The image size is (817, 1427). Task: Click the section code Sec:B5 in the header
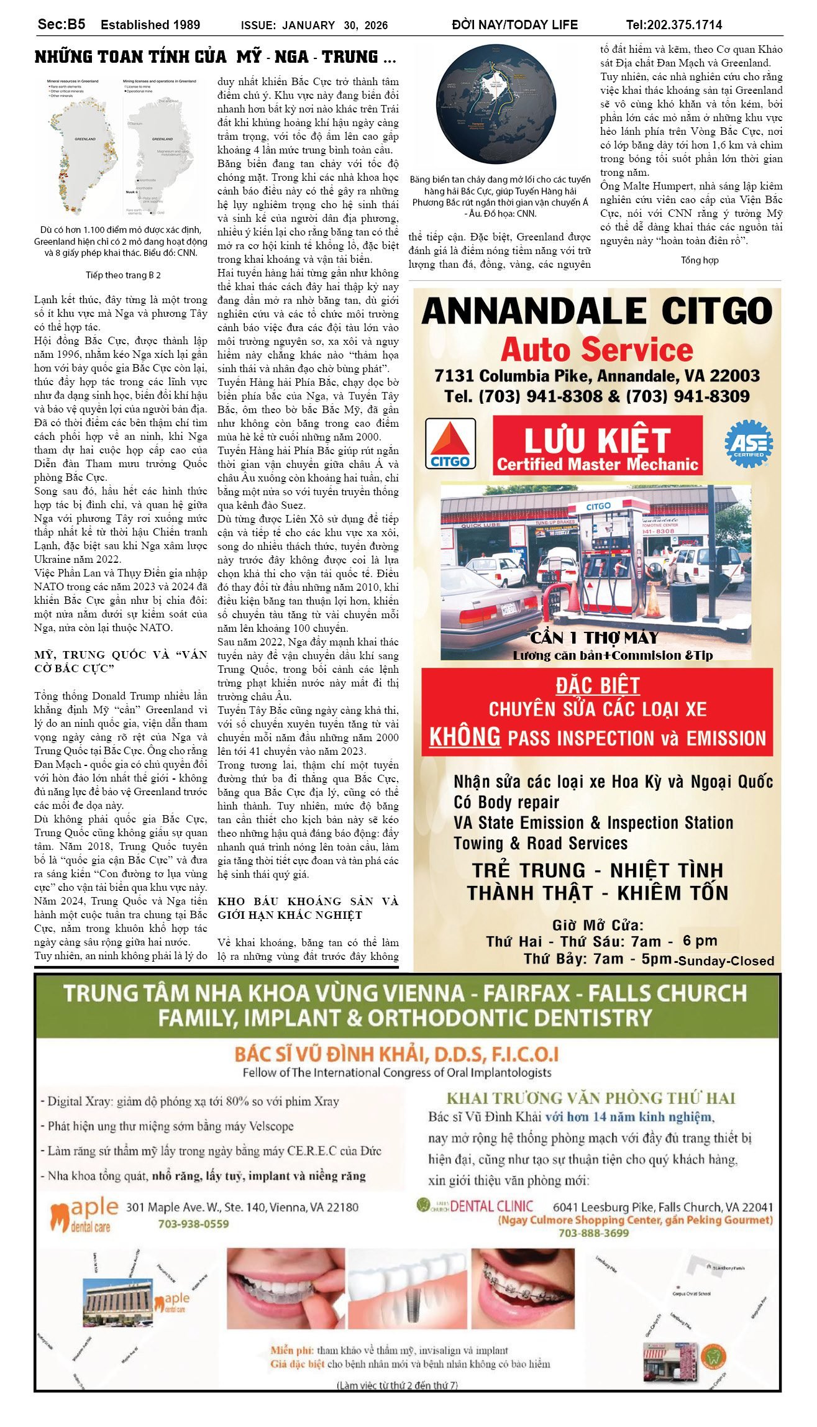(x=62, y=24)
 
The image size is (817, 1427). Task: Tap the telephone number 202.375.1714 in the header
(x=684, y=25)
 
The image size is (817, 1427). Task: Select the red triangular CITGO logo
(x=450, y=444)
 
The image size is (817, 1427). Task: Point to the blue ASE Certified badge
(x=749, y=444)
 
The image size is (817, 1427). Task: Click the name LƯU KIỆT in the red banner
(x=596, y=440)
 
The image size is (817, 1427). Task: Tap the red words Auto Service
(x=596, y=350)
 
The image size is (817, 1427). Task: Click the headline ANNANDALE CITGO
(x=596, y=311)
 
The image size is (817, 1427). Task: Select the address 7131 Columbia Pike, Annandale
(x=596, y=376)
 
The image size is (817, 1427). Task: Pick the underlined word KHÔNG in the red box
(x=465, y=737)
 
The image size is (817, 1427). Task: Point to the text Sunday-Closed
(x=726, y=960)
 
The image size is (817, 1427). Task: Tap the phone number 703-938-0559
(x=193, y=1224)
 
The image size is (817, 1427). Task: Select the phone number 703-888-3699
(x=593, y=1233)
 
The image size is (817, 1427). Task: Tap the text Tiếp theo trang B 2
(x=123, y=275)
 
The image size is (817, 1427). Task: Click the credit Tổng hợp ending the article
(x=700, y=260)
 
